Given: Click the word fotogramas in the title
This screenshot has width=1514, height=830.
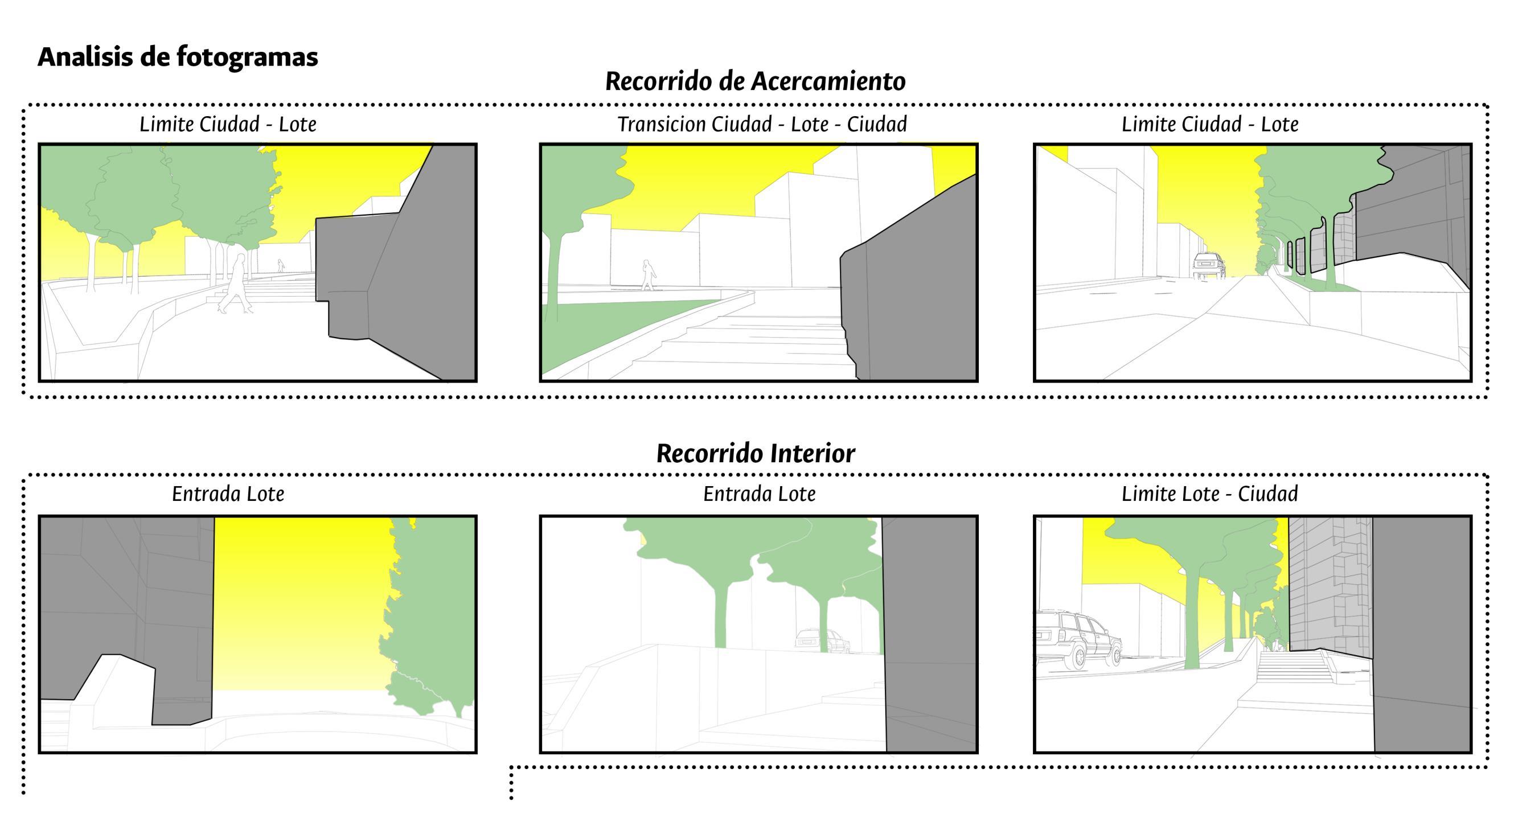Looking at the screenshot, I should coord(247,57).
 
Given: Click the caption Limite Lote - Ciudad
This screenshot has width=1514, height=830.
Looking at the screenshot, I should coord(1209,493).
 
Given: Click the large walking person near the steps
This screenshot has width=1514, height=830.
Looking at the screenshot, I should coord(236,285).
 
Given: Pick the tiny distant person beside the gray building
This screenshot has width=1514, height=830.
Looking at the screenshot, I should coord(281,265).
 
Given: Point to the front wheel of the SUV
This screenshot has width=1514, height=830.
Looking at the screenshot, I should coord(1080,656).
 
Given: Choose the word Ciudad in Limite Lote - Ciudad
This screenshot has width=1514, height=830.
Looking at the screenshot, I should coord(1267,493).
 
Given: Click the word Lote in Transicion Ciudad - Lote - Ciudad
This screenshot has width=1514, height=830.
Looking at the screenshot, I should coord(809,124).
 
